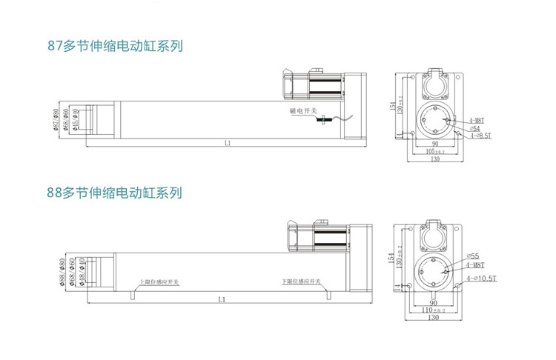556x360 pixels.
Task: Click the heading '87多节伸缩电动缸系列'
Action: pos(114,46)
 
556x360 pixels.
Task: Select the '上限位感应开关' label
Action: pos(160,282)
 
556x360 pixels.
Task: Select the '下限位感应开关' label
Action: pos(301,282)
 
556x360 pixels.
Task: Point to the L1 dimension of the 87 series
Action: pos(228,142)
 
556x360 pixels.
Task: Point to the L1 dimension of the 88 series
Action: pos(222,299)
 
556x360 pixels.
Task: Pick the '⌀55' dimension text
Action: pos(474,256)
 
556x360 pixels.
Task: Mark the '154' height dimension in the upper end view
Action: pos(392,106)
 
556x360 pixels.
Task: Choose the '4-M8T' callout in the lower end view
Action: pos(477,264)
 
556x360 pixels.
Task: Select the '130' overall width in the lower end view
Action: pos(433,319)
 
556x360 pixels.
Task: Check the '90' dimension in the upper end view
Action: pos(435,143)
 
